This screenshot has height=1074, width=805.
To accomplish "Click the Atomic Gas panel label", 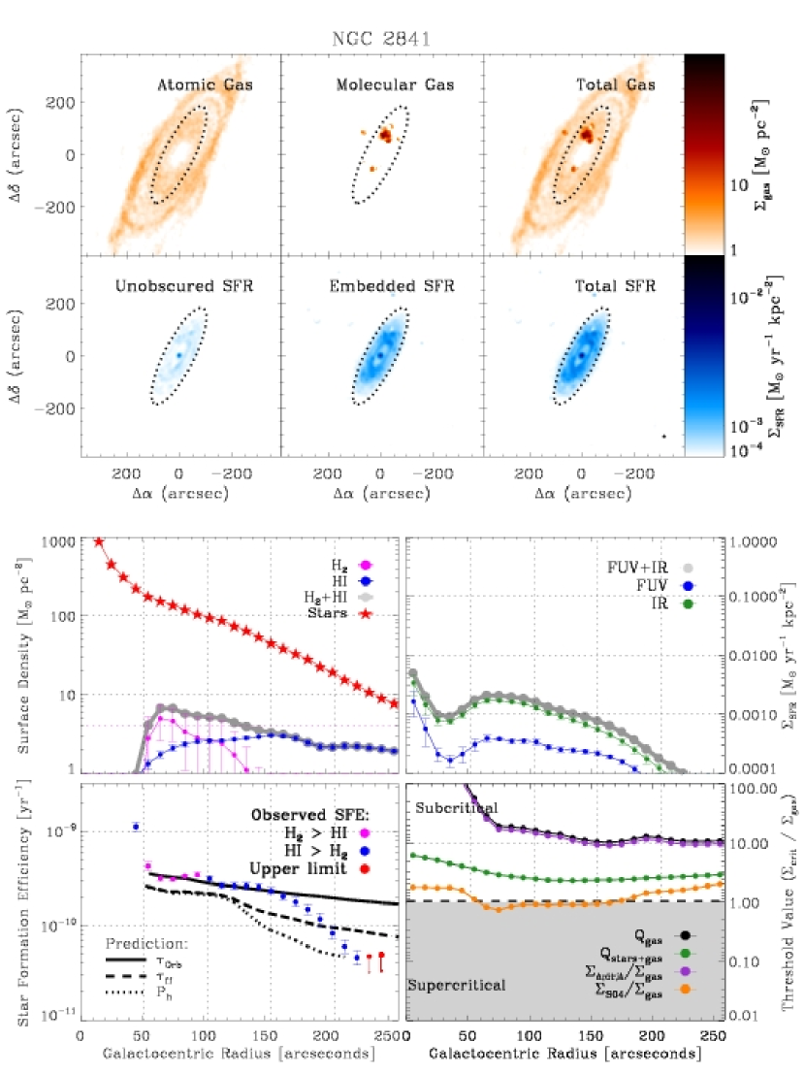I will pyautogui.click(x=205, y=85).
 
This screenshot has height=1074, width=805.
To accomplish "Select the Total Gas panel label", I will pyautogui.click(x=613, y=85).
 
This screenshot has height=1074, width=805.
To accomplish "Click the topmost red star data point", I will pyautogui.click(x=98, y=541).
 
